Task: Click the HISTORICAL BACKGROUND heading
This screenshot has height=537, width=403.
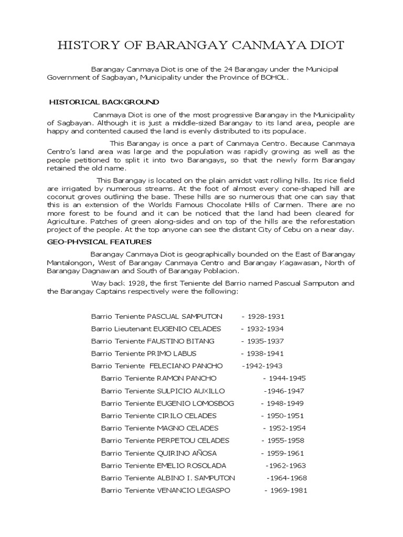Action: tap(104, 102)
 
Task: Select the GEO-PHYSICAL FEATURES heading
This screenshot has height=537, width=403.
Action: tap(100, 242)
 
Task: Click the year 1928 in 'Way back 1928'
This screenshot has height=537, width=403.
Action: tap(128, 283)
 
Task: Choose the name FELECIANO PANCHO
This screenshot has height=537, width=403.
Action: tap(186, 366)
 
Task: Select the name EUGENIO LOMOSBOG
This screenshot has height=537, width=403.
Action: tap(195, 403)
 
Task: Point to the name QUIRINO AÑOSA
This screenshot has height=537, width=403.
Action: tap(186, 453)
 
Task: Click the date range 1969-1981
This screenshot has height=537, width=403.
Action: tap(285, 490)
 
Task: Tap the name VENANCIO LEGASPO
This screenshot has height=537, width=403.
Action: tap(193, 490)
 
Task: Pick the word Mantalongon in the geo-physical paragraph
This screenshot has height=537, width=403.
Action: tap(70, 263)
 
